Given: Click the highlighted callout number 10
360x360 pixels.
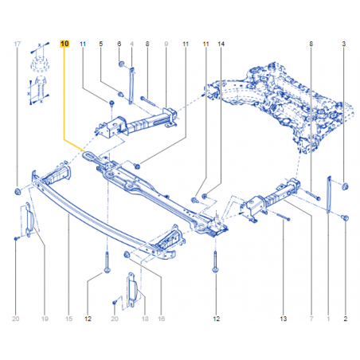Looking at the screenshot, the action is point(65,44).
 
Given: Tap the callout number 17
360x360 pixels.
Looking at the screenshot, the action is point(18,44).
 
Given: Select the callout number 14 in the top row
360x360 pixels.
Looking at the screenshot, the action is point(221,44).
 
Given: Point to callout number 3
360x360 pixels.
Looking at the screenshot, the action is point(344,44).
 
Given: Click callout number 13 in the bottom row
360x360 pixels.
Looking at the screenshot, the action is point(284,319).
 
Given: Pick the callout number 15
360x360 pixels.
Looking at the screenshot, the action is point(68,319).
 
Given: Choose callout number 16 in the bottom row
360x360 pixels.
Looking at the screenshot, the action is point(162,319).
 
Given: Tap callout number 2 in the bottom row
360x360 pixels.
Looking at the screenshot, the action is point(346,319).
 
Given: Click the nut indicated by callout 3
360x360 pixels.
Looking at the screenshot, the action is point(345,186).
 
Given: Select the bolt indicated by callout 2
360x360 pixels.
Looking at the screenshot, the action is point(345,218).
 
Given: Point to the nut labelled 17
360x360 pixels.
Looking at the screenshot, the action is point(18,191).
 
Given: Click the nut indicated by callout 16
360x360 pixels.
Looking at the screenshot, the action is point(127,254).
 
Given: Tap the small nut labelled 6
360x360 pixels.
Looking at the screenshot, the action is point(121,64).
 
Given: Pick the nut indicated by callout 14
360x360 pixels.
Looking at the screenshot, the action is point(205,196).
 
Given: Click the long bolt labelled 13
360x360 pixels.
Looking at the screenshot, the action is point(282,217).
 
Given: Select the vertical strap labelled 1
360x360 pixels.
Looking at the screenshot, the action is point(329,194).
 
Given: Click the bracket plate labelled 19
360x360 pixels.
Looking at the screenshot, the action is point(28,219).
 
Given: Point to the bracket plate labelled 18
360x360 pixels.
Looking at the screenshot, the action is point(131,289).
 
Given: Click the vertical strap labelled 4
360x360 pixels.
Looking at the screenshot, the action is point(131,85).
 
